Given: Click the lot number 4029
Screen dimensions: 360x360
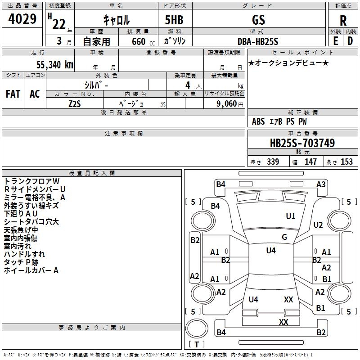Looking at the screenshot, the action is tap(22, 19).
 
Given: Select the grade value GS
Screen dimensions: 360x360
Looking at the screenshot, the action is tap(258, 20).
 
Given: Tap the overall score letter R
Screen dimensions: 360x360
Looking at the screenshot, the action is tap(343, 21).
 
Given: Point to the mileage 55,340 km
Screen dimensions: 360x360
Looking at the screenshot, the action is tap(55, 64).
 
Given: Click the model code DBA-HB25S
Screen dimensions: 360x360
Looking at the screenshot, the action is tap(258, 41).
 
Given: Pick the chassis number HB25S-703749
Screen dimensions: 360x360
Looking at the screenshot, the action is tap(302, 143).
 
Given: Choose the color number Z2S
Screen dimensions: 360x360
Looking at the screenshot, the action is tap(75, 104).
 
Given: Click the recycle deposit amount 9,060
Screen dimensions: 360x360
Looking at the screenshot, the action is tap(227, 104).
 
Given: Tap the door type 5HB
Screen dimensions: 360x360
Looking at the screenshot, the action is tap(174, 20).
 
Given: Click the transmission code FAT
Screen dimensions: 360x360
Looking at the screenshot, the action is tap(13, 94).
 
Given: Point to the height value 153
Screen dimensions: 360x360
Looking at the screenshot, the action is tap(346, 162).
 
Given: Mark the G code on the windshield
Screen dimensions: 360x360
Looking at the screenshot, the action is tap(284, 237).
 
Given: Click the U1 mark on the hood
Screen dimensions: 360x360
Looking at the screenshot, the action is tap(290, 216).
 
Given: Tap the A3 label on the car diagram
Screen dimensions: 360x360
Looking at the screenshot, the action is tap(321, 184).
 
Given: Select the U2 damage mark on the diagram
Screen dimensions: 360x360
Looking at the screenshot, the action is tap(318, 225).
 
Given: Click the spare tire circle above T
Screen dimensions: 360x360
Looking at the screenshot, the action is tap(197, 328).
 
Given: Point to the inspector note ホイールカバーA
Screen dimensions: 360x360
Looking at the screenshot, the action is tap(31, 270).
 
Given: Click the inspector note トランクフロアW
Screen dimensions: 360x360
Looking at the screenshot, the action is tap(31, 181).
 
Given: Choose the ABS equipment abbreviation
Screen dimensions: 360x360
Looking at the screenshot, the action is tap(258, 121).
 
